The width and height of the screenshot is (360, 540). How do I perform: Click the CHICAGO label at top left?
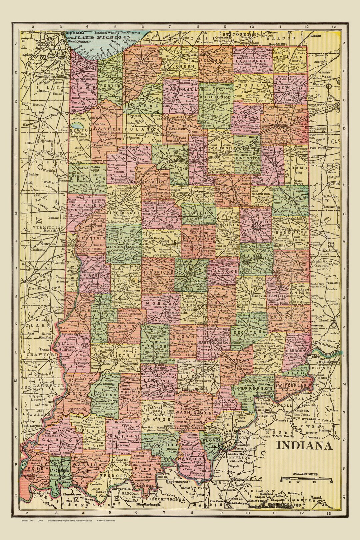(75, 33)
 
